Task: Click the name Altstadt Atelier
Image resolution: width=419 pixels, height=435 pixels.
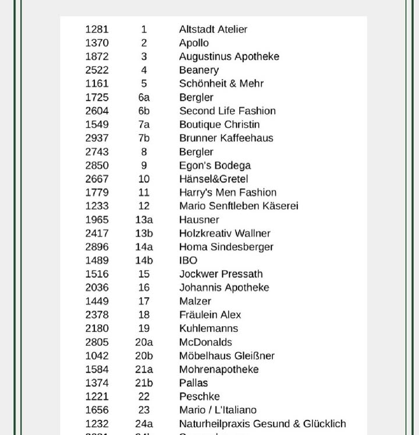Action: (213, 29)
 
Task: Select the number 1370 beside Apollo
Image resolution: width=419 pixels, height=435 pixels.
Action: (97, 43)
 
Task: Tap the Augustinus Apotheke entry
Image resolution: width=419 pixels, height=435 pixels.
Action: (229, 56)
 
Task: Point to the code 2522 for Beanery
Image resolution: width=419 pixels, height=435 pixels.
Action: (97, 70)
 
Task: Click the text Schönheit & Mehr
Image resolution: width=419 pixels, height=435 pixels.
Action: (221, 83)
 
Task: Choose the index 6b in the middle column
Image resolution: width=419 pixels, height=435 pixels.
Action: (144, 111)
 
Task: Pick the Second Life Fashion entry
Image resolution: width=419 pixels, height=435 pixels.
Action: (227, 111)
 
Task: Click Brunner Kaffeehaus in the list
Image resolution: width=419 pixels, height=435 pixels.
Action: (226, 138)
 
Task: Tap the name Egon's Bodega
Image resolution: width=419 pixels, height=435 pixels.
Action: (215, 165)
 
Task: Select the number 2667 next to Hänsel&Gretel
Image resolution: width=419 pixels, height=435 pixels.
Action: (97, 179)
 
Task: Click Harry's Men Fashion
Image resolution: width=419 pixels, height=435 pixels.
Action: (228, 192)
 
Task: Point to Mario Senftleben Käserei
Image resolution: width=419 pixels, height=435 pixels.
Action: (239, 206)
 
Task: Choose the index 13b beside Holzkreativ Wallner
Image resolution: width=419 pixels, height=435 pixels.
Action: (144, 233)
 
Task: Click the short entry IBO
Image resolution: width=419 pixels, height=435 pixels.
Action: (188, 260)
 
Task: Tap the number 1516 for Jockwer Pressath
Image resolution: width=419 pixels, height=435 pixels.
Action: (97, 274)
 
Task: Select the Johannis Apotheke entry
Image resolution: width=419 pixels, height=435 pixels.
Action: (224, 287)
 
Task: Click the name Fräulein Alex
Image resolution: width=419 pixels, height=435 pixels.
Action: (210, 314)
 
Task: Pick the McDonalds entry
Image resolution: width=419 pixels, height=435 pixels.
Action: (205, 342)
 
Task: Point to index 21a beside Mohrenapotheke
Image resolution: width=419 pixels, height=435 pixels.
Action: (144, 369)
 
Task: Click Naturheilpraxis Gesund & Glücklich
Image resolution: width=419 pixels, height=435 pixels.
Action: (262, 423)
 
